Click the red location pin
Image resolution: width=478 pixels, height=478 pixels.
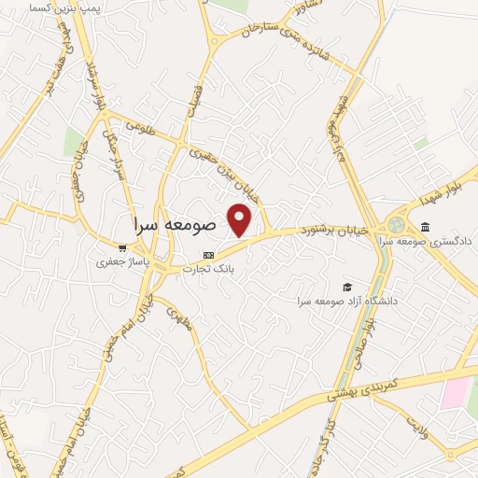(240, 219)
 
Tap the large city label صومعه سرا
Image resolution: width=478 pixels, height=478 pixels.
(175, 225)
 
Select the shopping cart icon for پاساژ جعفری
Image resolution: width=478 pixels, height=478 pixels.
(122, 249)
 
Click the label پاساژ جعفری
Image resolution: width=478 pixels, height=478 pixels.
(118, 263)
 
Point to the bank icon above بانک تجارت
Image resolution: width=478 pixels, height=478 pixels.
(208, 255)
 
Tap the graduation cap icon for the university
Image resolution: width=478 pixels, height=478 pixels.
(347, 287)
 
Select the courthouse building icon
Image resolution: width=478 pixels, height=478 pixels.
(426, 227)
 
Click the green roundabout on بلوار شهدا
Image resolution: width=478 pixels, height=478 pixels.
(398, 225)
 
